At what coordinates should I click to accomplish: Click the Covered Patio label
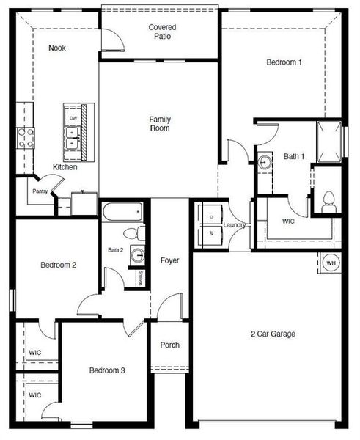tap(162, 32)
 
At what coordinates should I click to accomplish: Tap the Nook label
tap(57, 48)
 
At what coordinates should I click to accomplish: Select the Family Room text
tap(159, 123)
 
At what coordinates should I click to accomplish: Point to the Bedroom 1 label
tap(284, 63)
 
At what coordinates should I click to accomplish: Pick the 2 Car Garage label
tap(273, 334)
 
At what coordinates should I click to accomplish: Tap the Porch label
tap(169, 345)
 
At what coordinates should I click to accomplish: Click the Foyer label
tap(169, 260)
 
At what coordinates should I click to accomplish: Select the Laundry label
tap(235, 225)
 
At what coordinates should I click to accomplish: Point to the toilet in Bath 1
tap(328, 199)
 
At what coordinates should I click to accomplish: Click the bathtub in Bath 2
tap(122, 213)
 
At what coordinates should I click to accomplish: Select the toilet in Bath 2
tap(132, 234)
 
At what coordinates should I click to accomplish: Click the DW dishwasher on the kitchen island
tap(73, 117)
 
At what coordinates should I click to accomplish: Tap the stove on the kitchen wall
tap(25, 138)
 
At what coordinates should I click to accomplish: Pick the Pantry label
tap(40, 192)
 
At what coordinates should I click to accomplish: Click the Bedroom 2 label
tap(59, 265)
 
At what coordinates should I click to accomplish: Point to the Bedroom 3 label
tap(107, 371)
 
